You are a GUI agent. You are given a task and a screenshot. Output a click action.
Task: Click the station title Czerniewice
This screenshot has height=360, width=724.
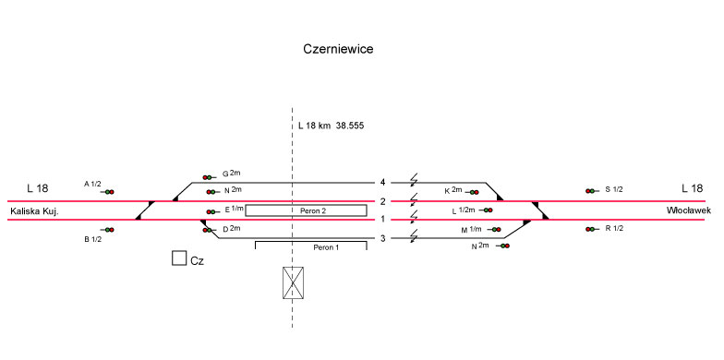tap(338, 49)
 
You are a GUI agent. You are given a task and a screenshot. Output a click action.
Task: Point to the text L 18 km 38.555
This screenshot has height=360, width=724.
tap(331, 126)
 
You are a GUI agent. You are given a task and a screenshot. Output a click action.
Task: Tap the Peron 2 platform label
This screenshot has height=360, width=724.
tap(313, 210)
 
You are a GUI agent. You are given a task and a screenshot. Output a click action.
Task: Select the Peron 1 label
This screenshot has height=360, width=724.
tap(326, 247)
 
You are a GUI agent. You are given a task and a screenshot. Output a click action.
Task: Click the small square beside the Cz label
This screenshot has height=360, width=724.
tap(179, 258)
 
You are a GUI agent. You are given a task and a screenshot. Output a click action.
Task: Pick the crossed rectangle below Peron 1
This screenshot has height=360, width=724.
tap(294, 282)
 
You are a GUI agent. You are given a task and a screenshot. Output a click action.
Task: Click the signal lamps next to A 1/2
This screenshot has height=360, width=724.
tap(109, 192)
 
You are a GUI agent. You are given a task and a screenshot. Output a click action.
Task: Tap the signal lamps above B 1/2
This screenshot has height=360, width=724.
tap(109, 230)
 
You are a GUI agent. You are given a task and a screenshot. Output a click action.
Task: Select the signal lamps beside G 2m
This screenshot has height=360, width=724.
tap(207, 177)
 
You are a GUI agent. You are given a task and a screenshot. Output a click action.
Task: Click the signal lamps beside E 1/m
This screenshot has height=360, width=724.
tap(211, 212)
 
